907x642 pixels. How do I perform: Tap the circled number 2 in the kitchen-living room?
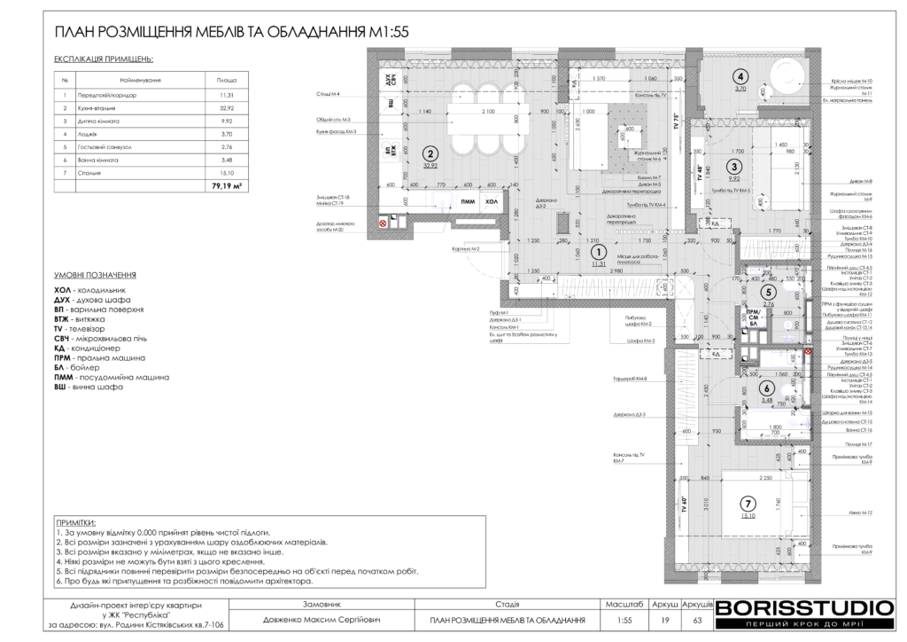(x=430, y=152)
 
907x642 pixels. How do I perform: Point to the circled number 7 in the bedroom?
(x=748, y=503)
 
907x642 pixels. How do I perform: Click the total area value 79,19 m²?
(x=227, y=187)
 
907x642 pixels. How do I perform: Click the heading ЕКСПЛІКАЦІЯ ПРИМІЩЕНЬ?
(x=103, y=59)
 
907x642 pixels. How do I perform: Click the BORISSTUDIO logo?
(x=803, y=608)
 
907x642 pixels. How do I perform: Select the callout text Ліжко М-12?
(x=863, y=513)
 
